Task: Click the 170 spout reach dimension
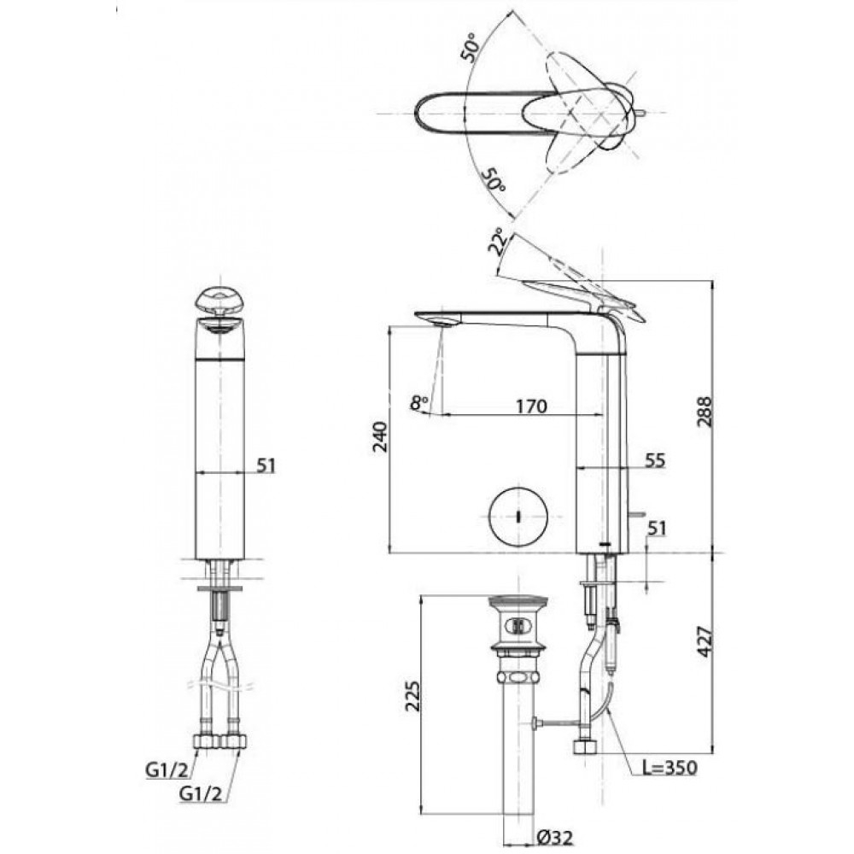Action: [530, 406]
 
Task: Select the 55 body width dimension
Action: [655, 460]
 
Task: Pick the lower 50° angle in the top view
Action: [494, 178]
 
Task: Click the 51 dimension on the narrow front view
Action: [266, 465]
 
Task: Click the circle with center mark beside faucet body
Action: [518, 515]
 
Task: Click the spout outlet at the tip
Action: [439, 322]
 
